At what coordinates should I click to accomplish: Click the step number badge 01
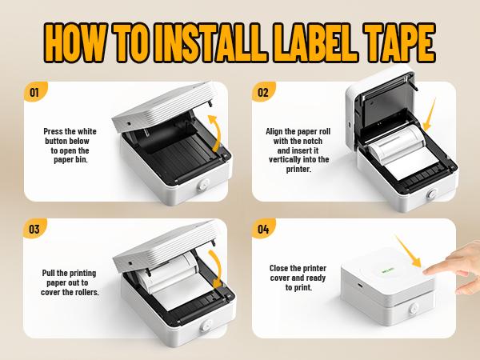(x=34, y=92)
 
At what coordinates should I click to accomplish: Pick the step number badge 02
(x=262, y=92)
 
